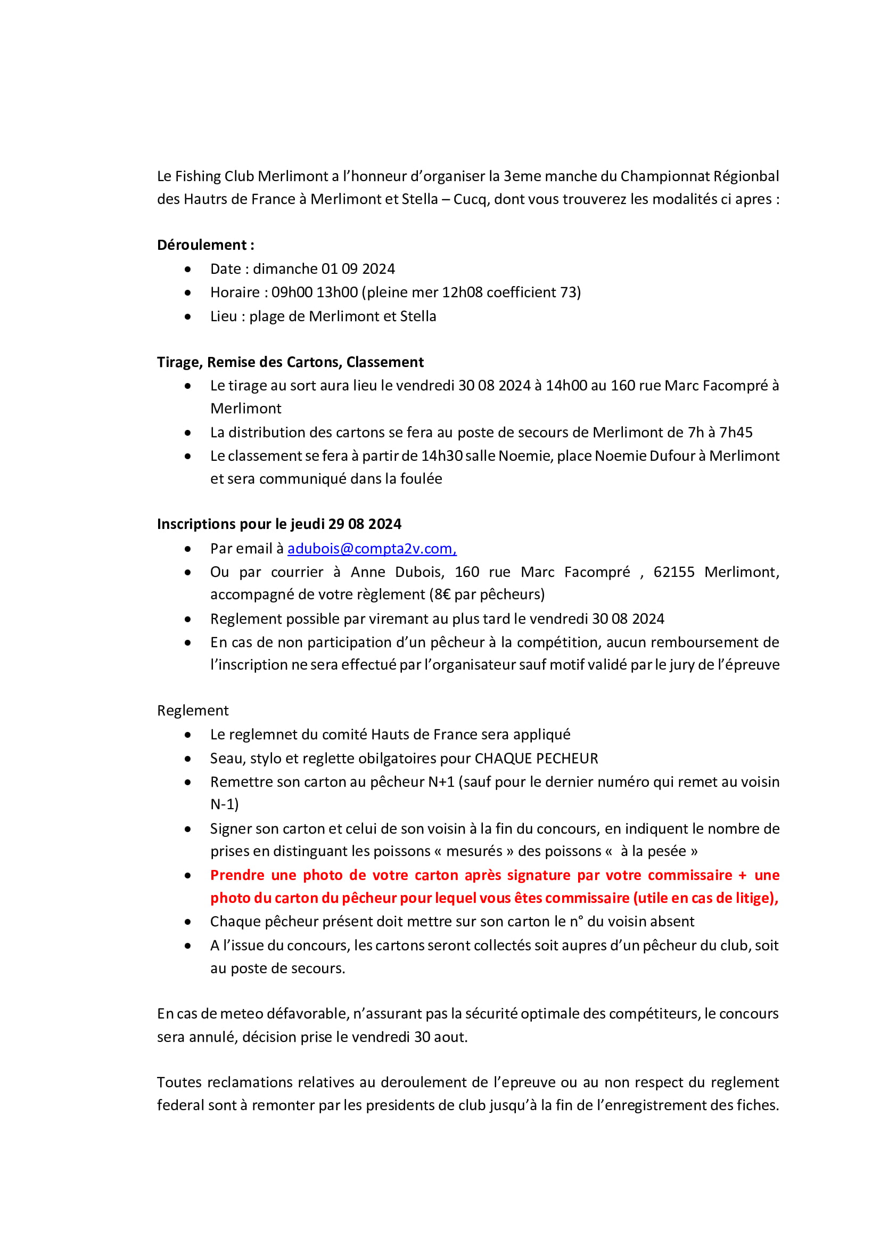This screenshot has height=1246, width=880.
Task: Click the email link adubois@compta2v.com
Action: coord(372,549)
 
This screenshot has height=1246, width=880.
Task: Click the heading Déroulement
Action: coord(202,245)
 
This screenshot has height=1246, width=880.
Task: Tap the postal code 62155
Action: coord(673,572)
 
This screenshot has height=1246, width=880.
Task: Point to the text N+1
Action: coord(441,782)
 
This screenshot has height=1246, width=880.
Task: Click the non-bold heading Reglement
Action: coord(193,711)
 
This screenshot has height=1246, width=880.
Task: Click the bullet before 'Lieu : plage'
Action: coord(187,316)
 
